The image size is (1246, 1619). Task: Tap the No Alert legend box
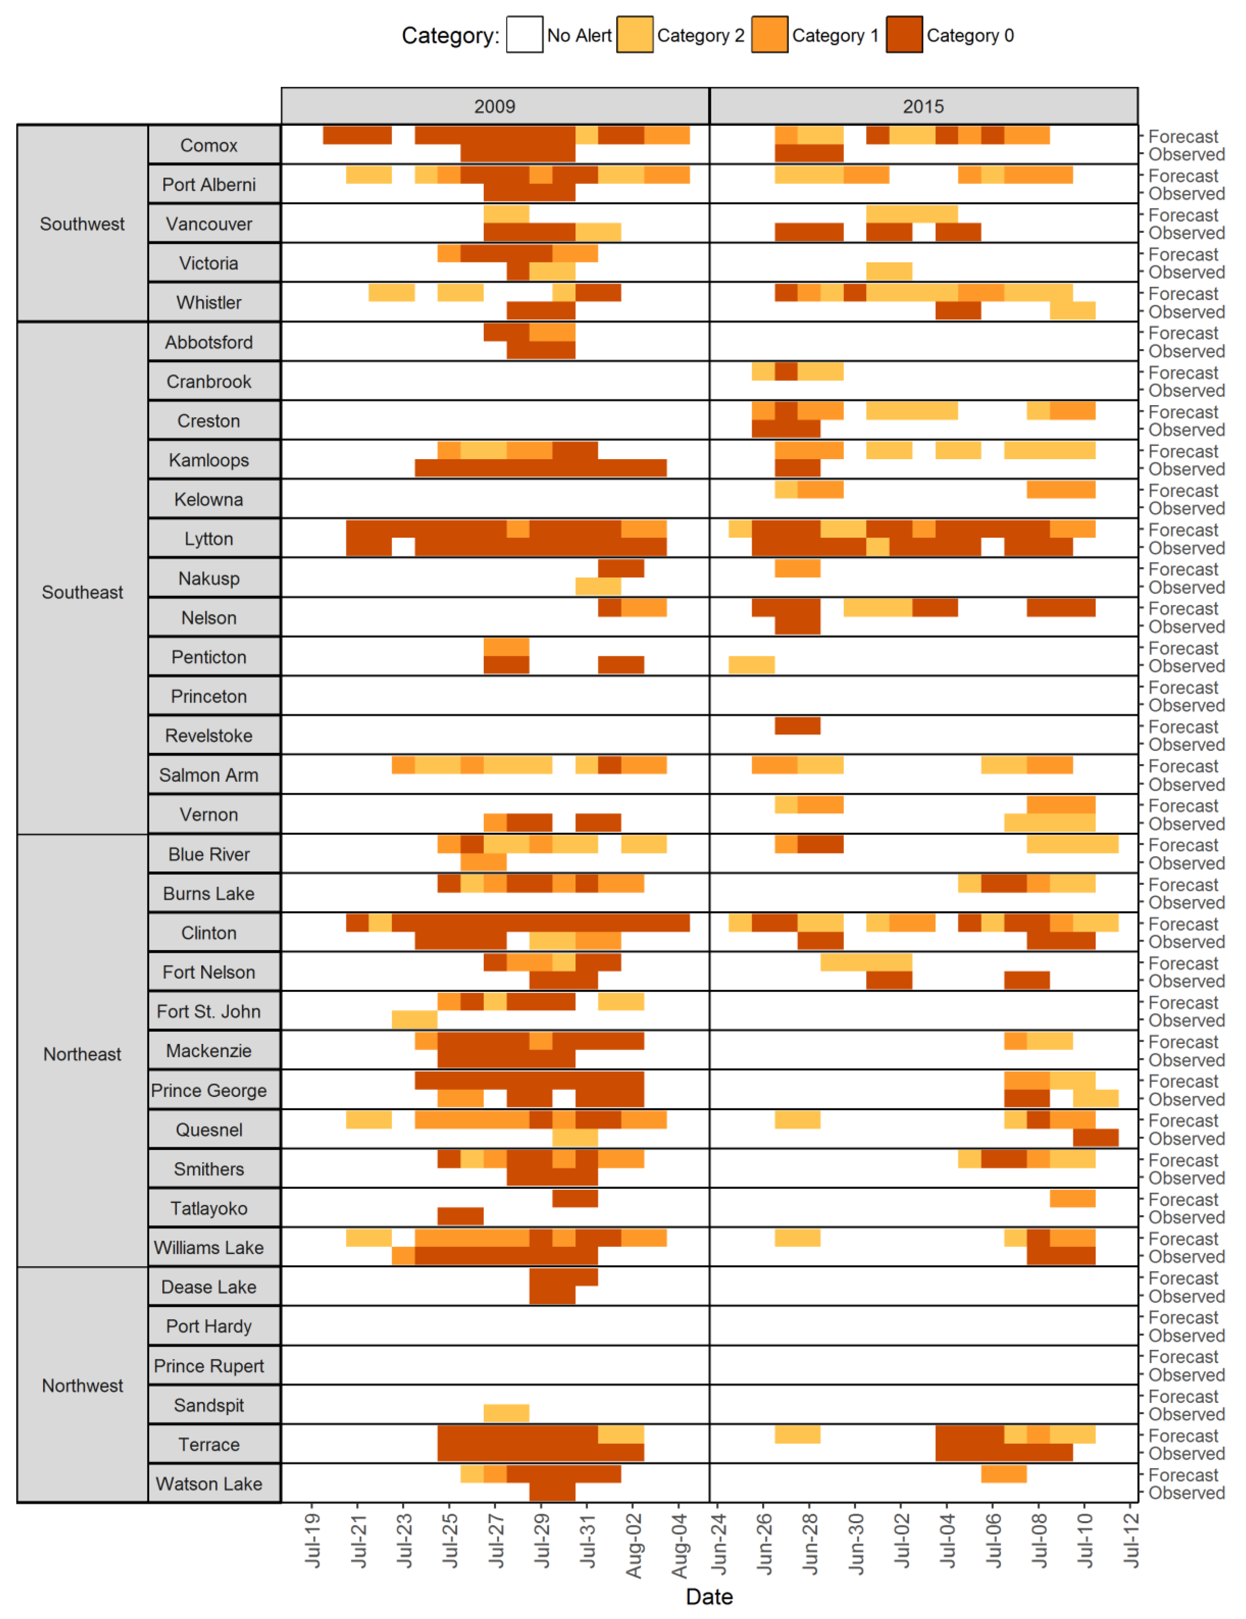click(524, 35)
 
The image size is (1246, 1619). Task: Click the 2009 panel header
click(495, 106)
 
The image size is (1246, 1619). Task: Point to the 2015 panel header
click(923, 106)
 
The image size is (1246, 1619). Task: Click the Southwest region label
click(82, 224)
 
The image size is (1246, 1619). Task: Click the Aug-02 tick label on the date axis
click(634, 1546)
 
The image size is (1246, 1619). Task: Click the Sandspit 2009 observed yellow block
click(506, 1413)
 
